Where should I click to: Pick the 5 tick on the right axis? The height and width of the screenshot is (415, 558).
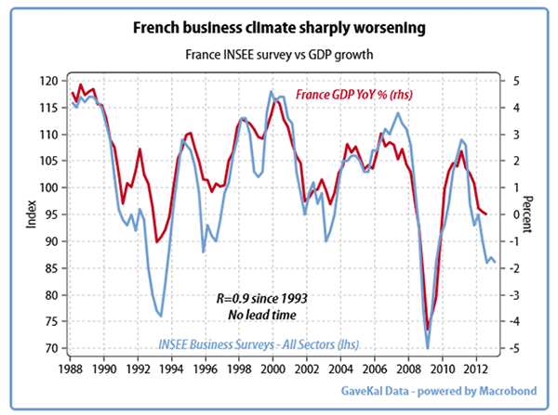[503, 82]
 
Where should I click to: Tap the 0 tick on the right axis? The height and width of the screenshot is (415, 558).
[503, 214]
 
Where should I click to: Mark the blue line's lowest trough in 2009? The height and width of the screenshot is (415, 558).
[428, 347]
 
